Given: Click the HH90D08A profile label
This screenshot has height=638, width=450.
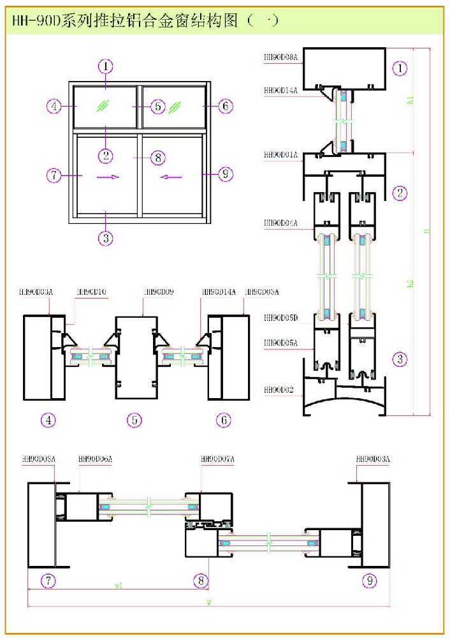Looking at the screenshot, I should click(x=280, y=57).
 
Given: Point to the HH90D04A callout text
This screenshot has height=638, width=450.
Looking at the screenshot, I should click(x=280, y=223).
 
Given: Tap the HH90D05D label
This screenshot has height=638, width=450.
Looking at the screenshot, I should click(x=280, y=317).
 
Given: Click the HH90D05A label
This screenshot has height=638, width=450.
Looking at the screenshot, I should click(x=280, y=343).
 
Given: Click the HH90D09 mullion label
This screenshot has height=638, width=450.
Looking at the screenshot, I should click(x=159, y=292).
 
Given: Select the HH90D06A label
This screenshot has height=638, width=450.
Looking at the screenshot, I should click(x=95, y=459).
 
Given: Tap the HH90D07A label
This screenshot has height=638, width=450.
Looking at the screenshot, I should click(x=218, y=459).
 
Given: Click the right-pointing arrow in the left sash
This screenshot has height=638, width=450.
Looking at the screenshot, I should click(x=108, y=177).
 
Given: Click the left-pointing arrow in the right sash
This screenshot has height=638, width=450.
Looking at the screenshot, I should click(x=171, y=177).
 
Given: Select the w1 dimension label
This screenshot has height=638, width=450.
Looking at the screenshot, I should click(x=119, y=584).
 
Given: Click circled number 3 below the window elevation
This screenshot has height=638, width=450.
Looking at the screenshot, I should click(x=106, y=239).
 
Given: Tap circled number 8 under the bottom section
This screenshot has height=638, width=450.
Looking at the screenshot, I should click(x=201, y=580).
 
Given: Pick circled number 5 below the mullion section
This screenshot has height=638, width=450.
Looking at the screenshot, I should click(x=134, y=420).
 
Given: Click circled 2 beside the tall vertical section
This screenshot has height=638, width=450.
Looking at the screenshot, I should click(x=400, y=193).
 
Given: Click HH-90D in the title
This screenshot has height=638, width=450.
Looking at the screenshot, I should click(x=36, y=21).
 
